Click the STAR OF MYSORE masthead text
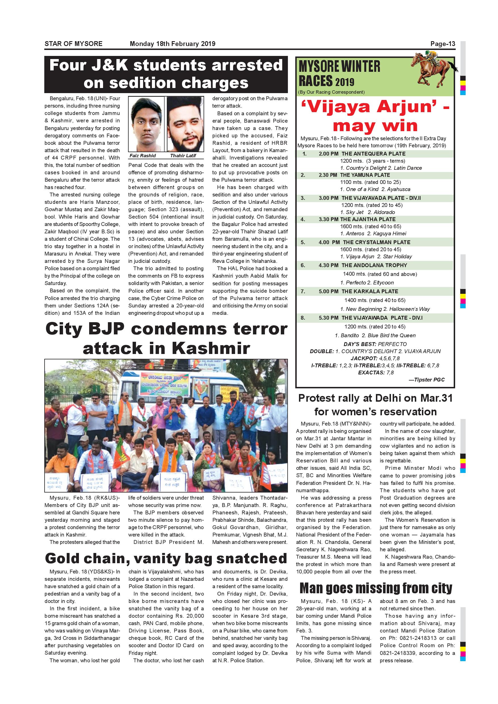[x=74, y=44]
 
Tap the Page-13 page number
[x=443, y=44]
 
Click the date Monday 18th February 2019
[x=172, y=44]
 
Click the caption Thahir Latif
[x=183, y=156]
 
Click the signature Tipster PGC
[x=426, y=380]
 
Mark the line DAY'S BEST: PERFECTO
[x=375, y=344]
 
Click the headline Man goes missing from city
[x=376, y=588]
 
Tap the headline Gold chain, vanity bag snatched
[x=166, y=558]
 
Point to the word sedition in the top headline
[x=145, y=83]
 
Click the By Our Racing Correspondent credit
[x=331, y=92]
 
